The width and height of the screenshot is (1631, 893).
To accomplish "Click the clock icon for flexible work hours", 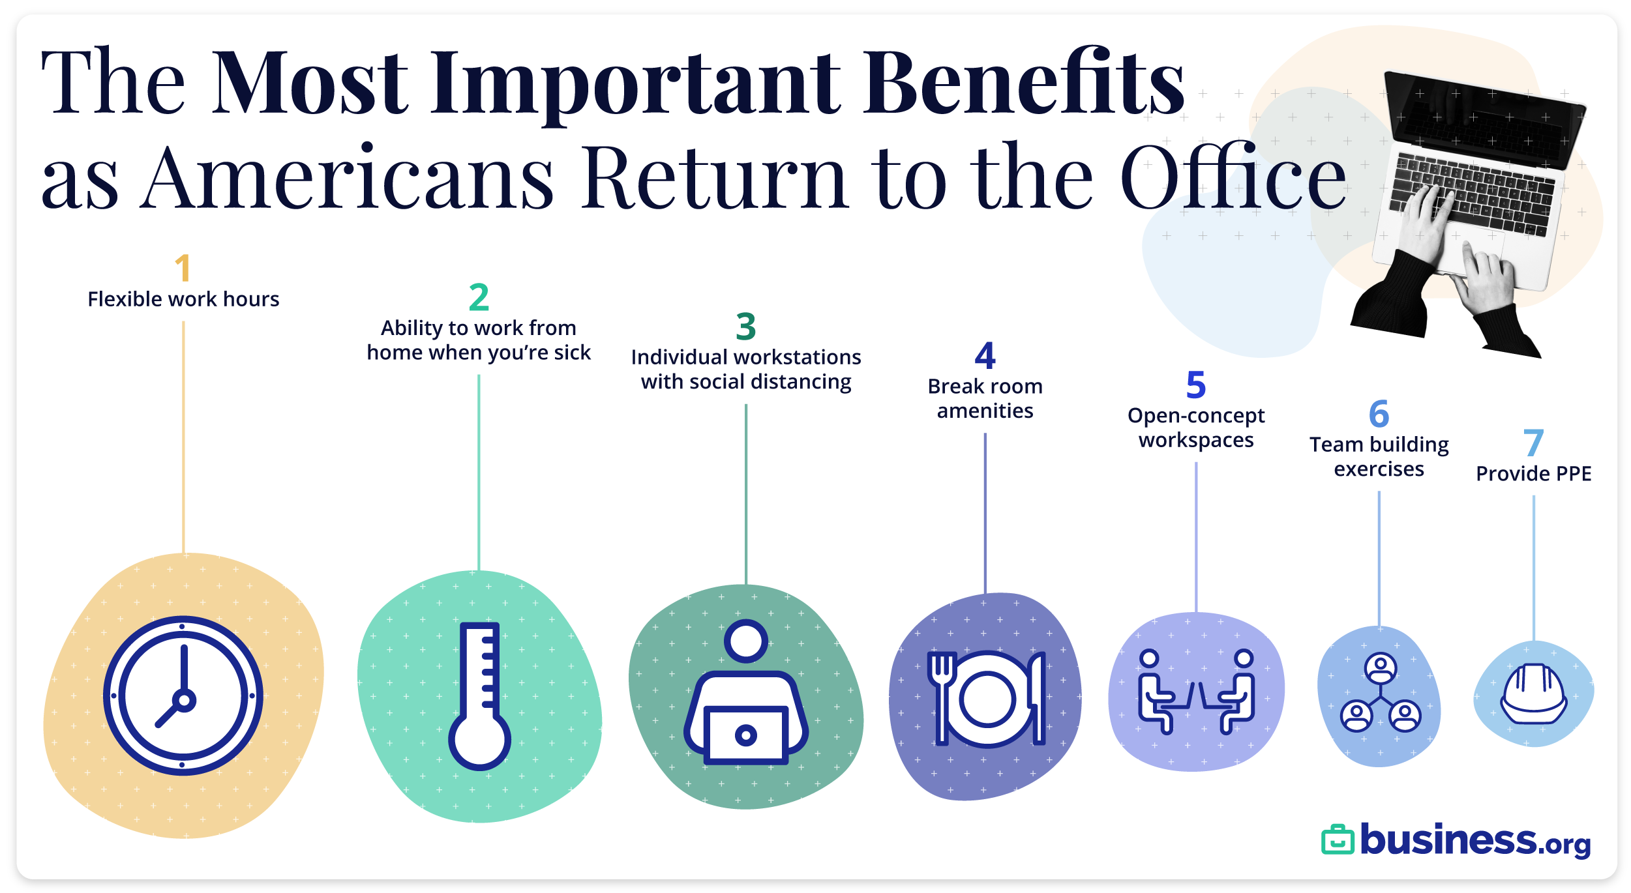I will point(183,695).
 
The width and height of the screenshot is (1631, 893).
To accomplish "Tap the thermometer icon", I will point(480,697).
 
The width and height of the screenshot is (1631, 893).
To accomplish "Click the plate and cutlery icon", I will point(986,699).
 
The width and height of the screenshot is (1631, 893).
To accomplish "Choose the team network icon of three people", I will point(1380,694).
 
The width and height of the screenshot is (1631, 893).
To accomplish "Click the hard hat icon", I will point(1533,695).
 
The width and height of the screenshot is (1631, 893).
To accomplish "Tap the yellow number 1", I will point(183,268).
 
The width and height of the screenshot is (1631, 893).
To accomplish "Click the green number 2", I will point(479,297).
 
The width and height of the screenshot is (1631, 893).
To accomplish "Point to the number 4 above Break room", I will point(985,356).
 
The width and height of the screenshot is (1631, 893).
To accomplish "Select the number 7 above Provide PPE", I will point(1533,443).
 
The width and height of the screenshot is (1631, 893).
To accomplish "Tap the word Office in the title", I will point(1233,177).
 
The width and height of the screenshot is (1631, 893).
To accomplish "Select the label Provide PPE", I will point(1533,474).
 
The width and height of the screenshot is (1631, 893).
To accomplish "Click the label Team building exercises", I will point(1379,456).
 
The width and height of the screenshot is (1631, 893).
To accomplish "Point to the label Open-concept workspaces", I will point(1196,428).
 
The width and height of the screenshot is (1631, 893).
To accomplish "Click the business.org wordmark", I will point(1475,840).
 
